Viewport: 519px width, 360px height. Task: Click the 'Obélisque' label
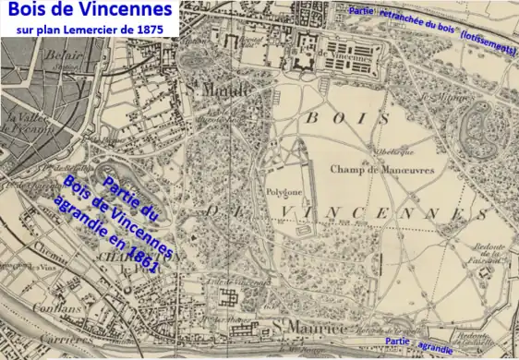[381, 150]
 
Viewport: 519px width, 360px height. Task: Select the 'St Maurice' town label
[299, 326]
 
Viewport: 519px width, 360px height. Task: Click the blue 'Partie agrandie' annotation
[422, 347]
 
